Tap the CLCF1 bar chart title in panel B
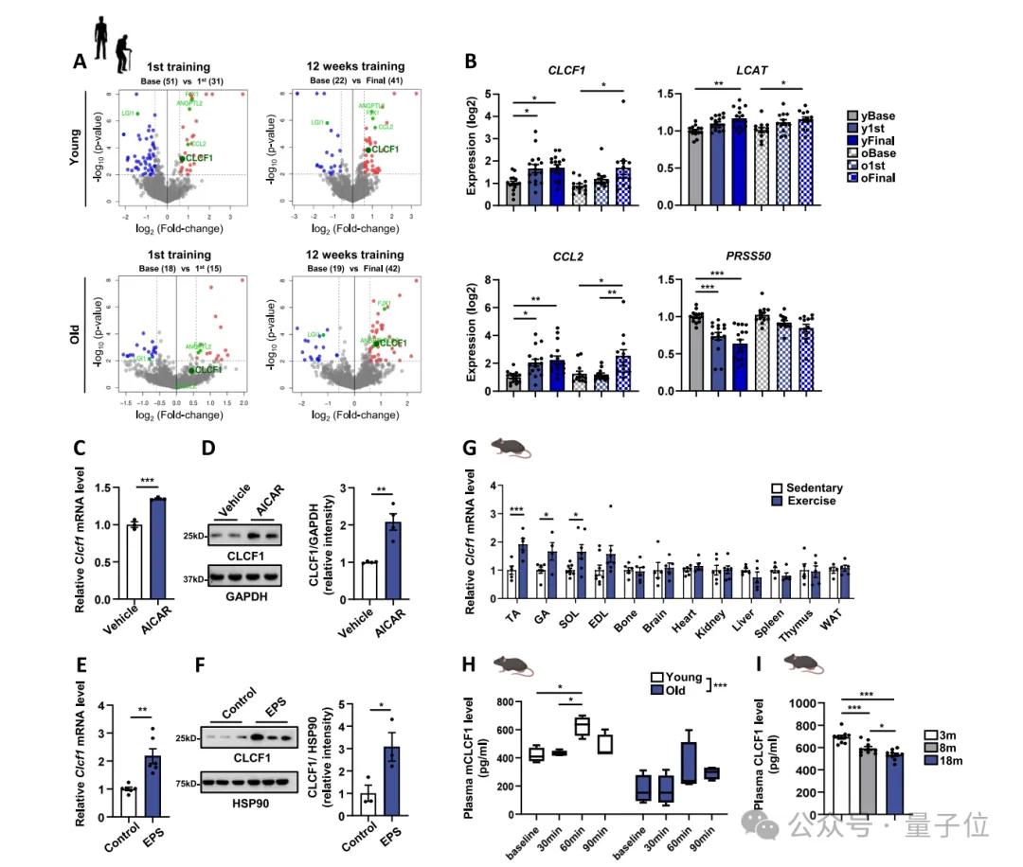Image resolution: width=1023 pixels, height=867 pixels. [x=565, y=71]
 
